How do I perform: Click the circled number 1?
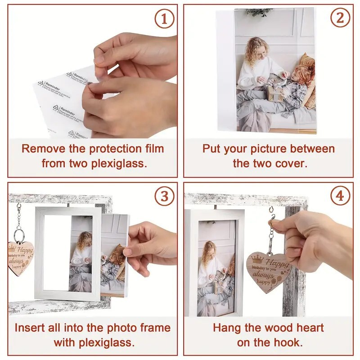click(x=164, y=19)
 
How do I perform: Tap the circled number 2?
click(x=340, y=19)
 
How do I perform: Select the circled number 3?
click(x=164, y=196)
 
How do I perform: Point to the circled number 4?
click(x=340, y=196)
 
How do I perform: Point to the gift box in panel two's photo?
click(x=274, y=93)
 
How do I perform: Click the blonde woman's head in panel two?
click(x=258, y=49)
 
